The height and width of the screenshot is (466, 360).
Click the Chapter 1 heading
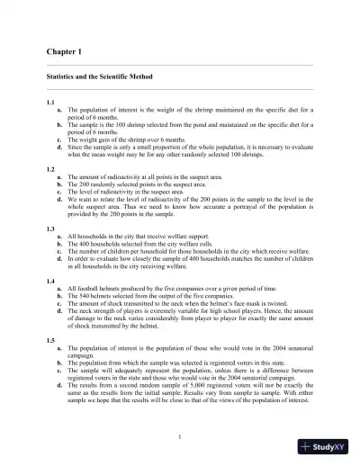point(60,53)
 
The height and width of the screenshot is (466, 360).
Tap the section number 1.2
point(51,169)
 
